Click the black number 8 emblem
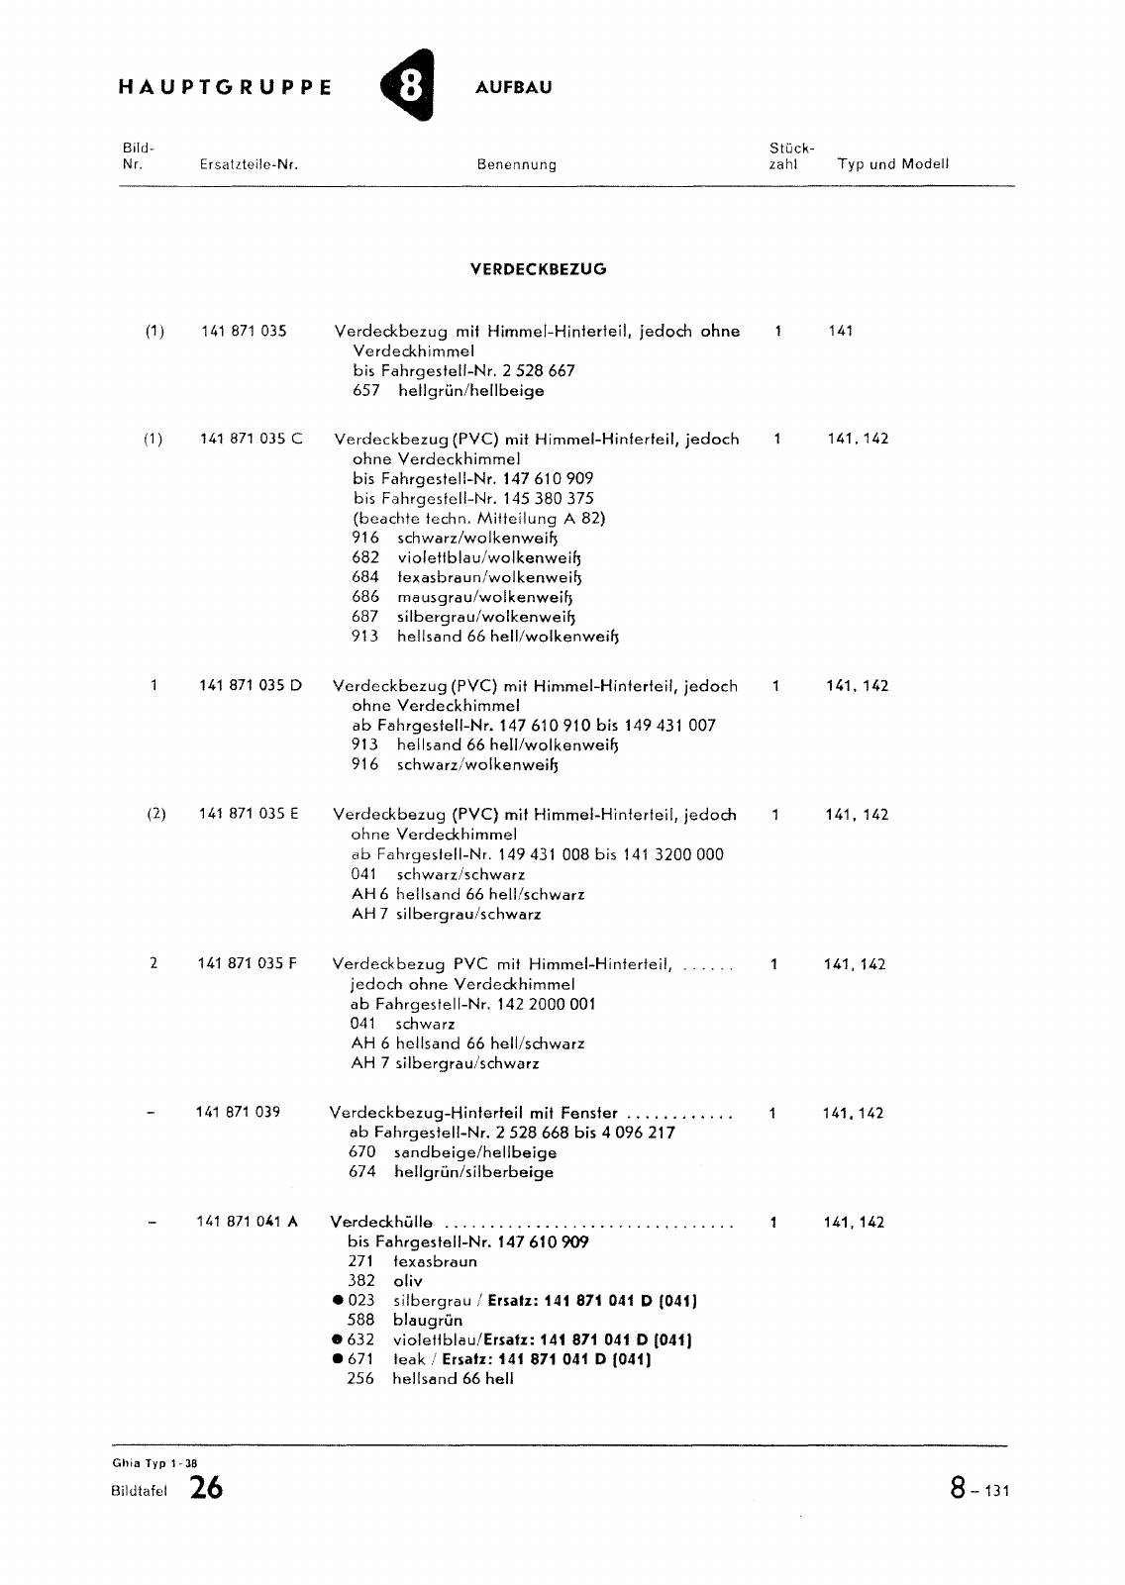(409, 87)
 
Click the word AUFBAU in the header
(513, 87)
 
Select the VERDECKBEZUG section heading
(538, 268)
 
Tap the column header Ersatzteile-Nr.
(249, 164)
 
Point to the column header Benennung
(516, 164)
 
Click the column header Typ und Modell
(892, 164)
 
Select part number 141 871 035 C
(252, 439)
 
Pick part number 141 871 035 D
(251, 685)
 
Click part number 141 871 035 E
(249, 814)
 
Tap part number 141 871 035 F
(248, 963)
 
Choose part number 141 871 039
(238, 1112)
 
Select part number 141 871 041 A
(247, 1222)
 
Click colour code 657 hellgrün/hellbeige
(448, 391)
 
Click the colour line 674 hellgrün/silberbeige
(451, 1172)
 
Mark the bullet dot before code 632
(339, 1339)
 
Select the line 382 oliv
(384, 1281)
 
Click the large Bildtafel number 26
(207, 1487)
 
